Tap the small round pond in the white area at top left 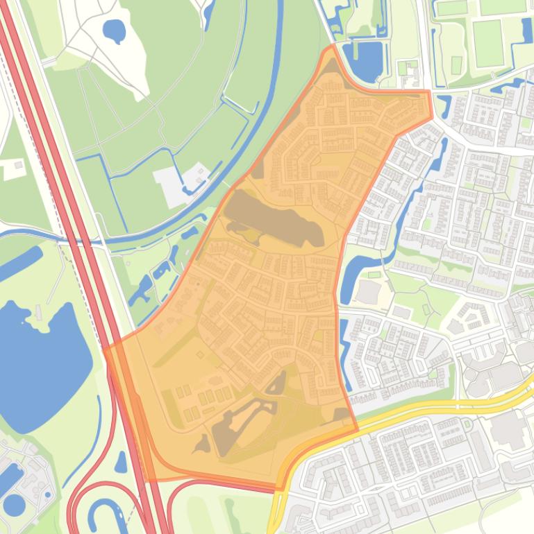point(113,30)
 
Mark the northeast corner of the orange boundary point(428,93)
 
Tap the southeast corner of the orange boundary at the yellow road point(357,429)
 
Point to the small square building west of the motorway point(15,166)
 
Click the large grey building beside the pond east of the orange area point(369,292)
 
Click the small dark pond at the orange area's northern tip point(332,67)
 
